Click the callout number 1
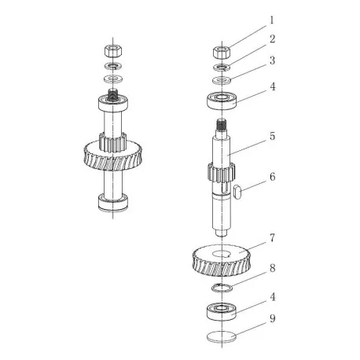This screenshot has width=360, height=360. pos(272,20)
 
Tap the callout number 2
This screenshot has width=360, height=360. pos(272,39)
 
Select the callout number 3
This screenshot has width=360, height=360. pos(273,61)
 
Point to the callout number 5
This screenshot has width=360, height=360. pos(273,136)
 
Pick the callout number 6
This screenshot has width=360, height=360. pos(273,177)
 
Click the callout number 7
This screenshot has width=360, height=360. pos(273,238)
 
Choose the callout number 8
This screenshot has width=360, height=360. pos(273,268)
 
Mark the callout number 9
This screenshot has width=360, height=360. pos(273,318)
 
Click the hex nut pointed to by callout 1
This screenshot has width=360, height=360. pos(222,53)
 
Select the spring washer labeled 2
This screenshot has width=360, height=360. pos(222,67)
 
